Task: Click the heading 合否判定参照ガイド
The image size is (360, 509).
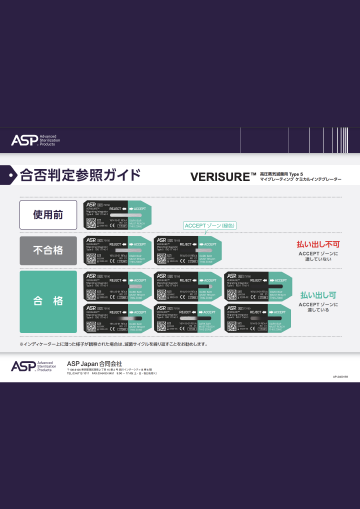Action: [x=81, y=175]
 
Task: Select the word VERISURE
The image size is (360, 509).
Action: [x=219, y=176]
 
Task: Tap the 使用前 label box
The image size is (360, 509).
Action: [x=47, y=214]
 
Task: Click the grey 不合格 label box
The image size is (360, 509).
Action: [x=47, y=249]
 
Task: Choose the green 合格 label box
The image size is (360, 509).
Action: [x=47, y=300]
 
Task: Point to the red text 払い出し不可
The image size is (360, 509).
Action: [x=318, y=244]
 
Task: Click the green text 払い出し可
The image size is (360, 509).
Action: [x=318, y=296]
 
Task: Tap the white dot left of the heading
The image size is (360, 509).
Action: [x=12, y=175]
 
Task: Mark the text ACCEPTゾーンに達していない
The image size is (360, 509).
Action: [x=318, y=257]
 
